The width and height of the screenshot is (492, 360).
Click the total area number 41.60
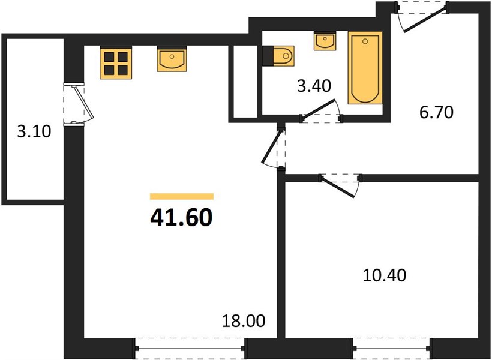tap(182, 218)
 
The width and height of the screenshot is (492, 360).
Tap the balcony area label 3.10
tap(34, 131)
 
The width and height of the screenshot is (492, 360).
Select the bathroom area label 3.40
tap(314, 86)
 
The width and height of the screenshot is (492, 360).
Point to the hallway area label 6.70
tap(436, 112)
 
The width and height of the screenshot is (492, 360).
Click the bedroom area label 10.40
tap(385, 275)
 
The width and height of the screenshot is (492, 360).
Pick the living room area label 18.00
tap(244, 321)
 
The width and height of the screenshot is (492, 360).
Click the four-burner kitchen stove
tap(116, 62)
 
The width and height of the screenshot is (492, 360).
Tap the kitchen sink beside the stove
tap(172, 59)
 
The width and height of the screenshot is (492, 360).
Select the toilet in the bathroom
tap(278, 56)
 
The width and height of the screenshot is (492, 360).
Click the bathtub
tap(365, 68)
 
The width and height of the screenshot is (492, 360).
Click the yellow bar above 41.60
tap(182, 196)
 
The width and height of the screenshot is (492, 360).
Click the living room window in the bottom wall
tap(191, 348)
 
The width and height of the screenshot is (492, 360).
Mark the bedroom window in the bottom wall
tap(392, 348)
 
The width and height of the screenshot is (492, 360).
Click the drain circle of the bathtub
tap(365, 41)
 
